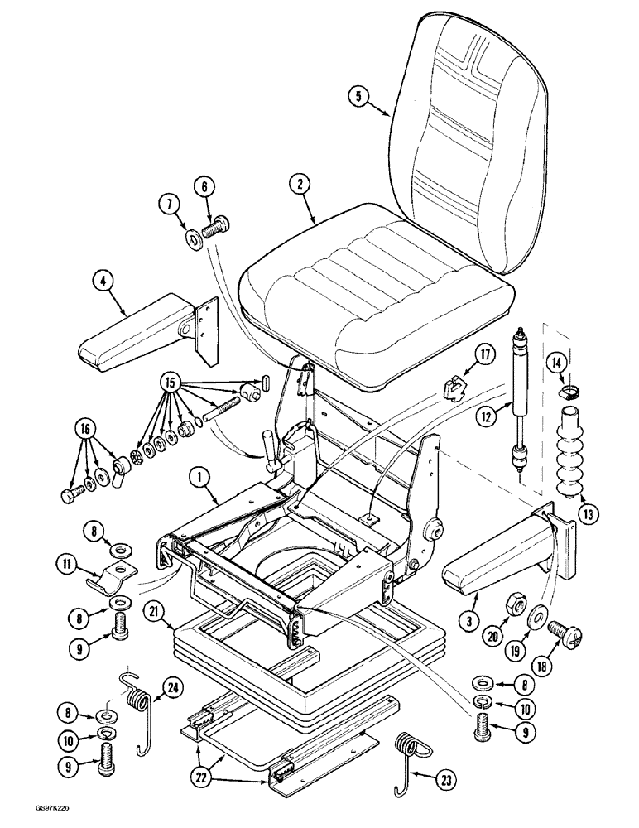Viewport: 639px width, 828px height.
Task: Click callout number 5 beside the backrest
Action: point(358,97)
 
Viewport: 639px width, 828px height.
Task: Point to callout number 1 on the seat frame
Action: point(197,478)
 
